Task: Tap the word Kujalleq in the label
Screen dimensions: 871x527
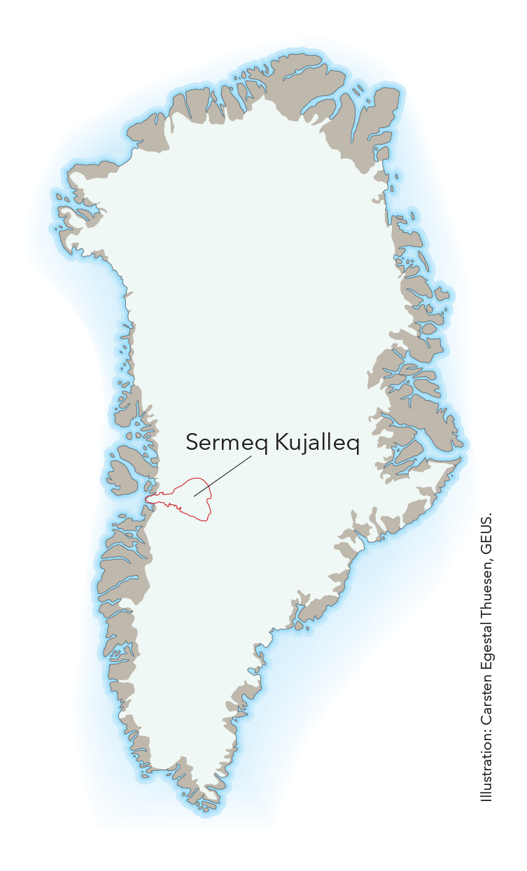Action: (x=315, y=444)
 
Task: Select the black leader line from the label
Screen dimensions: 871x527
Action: (x=223, y=476)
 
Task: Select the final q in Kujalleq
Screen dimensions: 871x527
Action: (x=353, y=445)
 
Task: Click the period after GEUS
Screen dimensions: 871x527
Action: (x=491, y=513)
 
